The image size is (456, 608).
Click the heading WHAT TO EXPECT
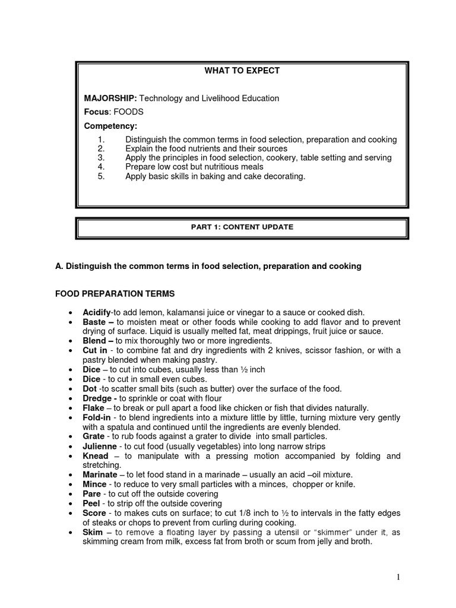pos(242,71)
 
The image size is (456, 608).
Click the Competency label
pos(110,126)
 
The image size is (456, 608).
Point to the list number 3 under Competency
pos(101,158)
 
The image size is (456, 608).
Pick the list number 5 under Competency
pos(101,176)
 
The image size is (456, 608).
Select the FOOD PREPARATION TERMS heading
pos(115,293)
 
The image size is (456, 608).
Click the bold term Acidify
pos(97,312)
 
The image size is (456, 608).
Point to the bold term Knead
pos(96,455)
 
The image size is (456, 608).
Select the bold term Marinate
pos(100,474)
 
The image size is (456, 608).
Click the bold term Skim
pos(93,532)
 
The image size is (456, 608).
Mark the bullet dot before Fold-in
pos(71,417)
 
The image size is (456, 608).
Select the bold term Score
pos(94,513)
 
